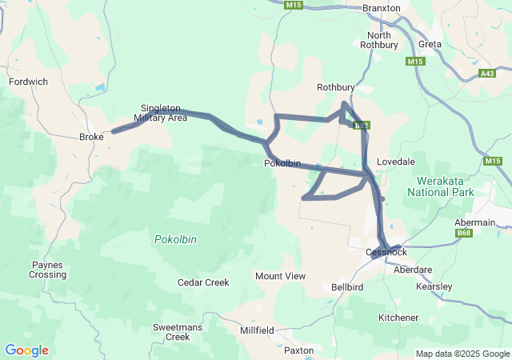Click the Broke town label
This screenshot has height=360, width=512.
[91, 138]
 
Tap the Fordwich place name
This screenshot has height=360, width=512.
[28, 82]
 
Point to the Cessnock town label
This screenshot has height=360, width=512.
[386, 252]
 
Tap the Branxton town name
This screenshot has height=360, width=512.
[381, 7]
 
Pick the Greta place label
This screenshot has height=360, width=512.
[430, 44]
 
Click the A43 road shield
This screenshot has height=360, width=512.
[487, 74]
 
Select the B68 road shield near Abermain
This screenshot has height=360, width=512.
[463, 233]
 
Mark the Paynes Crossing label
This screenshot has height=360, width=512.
[49, 270]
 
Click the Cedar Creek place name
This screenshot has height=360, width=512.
[203, 282]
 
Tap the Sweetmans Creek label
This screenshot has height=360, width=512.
[171, 332]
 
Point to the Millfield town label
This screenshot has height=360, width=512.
[257, 330]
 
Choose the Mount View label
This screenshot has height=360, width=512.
[280, 276]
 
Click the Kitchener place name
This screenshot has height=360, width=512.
[398, 318]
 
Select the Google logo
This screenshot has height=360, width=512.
[26, 350]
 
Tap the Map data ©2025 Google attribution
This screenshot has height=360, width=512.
[462, 354]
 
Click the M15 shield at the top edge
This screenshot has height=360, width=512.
[294, 5]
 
